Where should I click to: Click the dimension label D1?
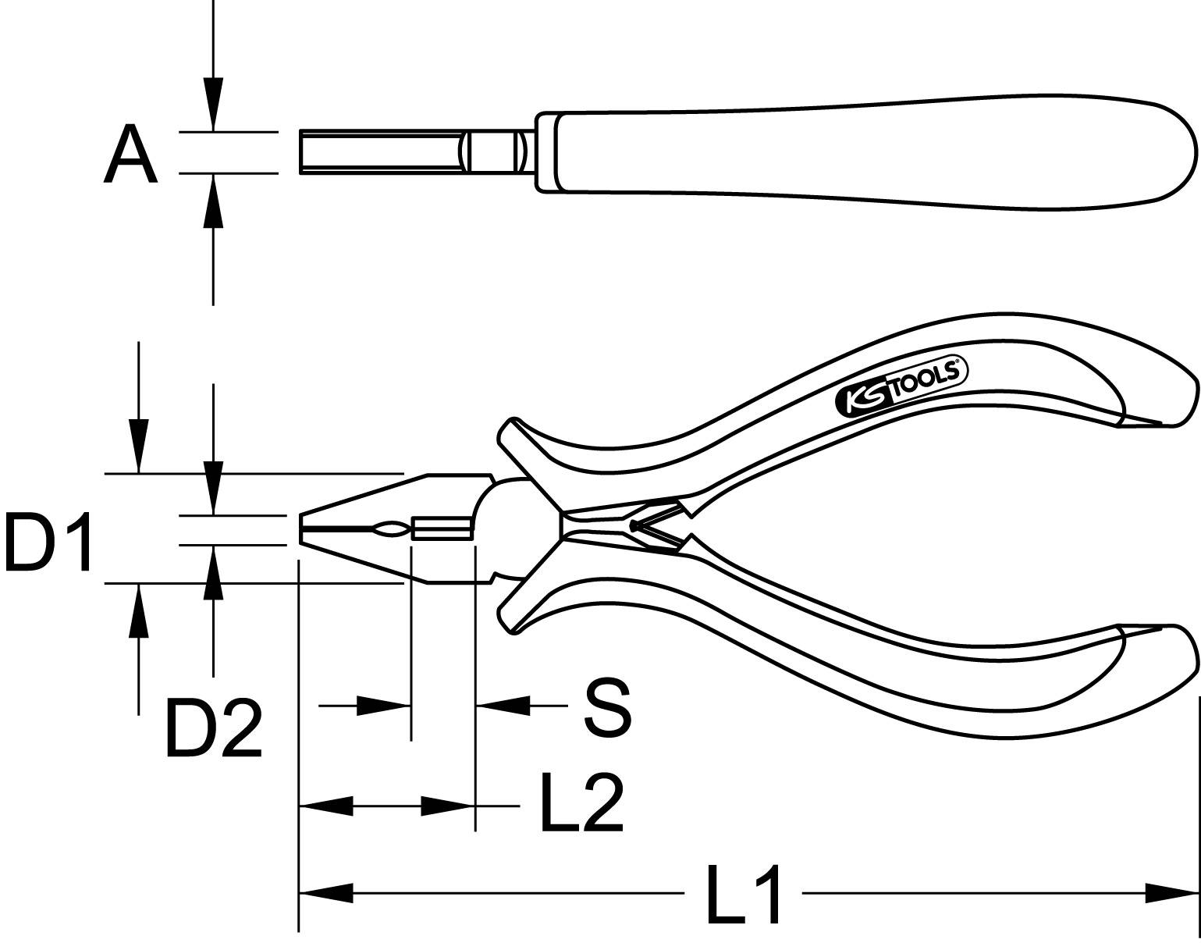(48, 541)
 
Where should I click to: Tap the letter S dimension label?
(606, 708)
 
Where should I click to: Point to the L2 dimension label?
(581, 802)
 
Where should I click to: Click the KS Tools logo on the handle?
(901, 386)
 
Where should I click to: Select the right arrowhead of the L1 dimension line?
(1171, 891)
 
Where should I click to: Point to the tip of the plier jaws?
(301, 528)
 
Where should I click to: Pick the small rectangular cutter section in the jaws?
(442, 529)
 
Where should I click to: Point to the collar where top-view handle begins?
(546, 151)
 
